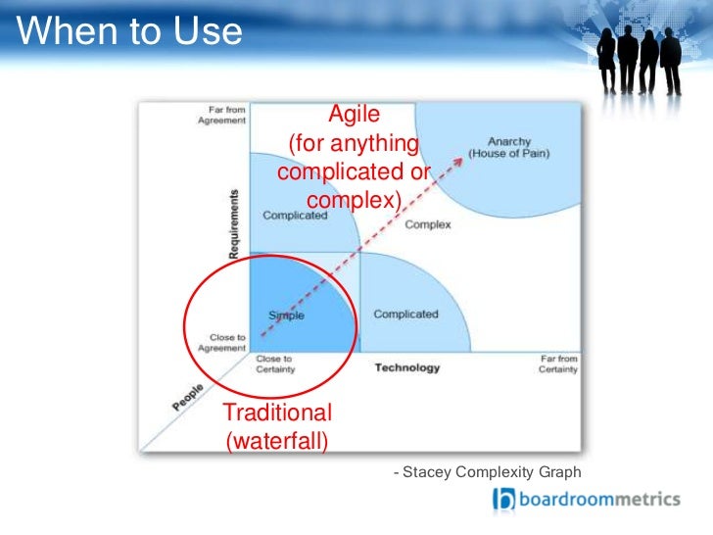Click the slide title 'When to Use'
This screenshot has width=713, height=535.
(130, 31)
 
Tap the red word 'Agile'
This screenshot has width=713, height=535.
(354, 114)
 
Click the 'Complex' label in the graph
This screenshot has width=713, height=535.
(428, 224)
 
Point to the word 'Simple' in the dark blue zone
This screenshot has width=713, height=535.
(286, 316)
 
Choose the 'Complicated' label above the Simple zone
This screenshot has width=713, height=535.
(295, 216)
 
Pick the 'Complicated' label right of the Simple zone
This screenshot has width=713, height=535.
(405, 315)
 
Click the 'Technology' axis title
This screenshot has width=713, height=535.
(407, 368)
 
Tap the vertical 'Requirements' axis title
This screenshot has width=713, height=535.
(235, 223)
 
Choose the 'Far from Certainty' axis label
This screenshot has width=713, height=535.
(558, 364)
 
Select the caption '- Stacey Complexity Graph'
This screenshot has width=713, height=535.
(487, 472)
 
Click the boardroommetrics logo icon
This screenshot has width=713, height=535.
(502, 500)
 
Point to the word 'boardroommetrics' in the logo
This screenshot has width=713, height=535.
(598, 499)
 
